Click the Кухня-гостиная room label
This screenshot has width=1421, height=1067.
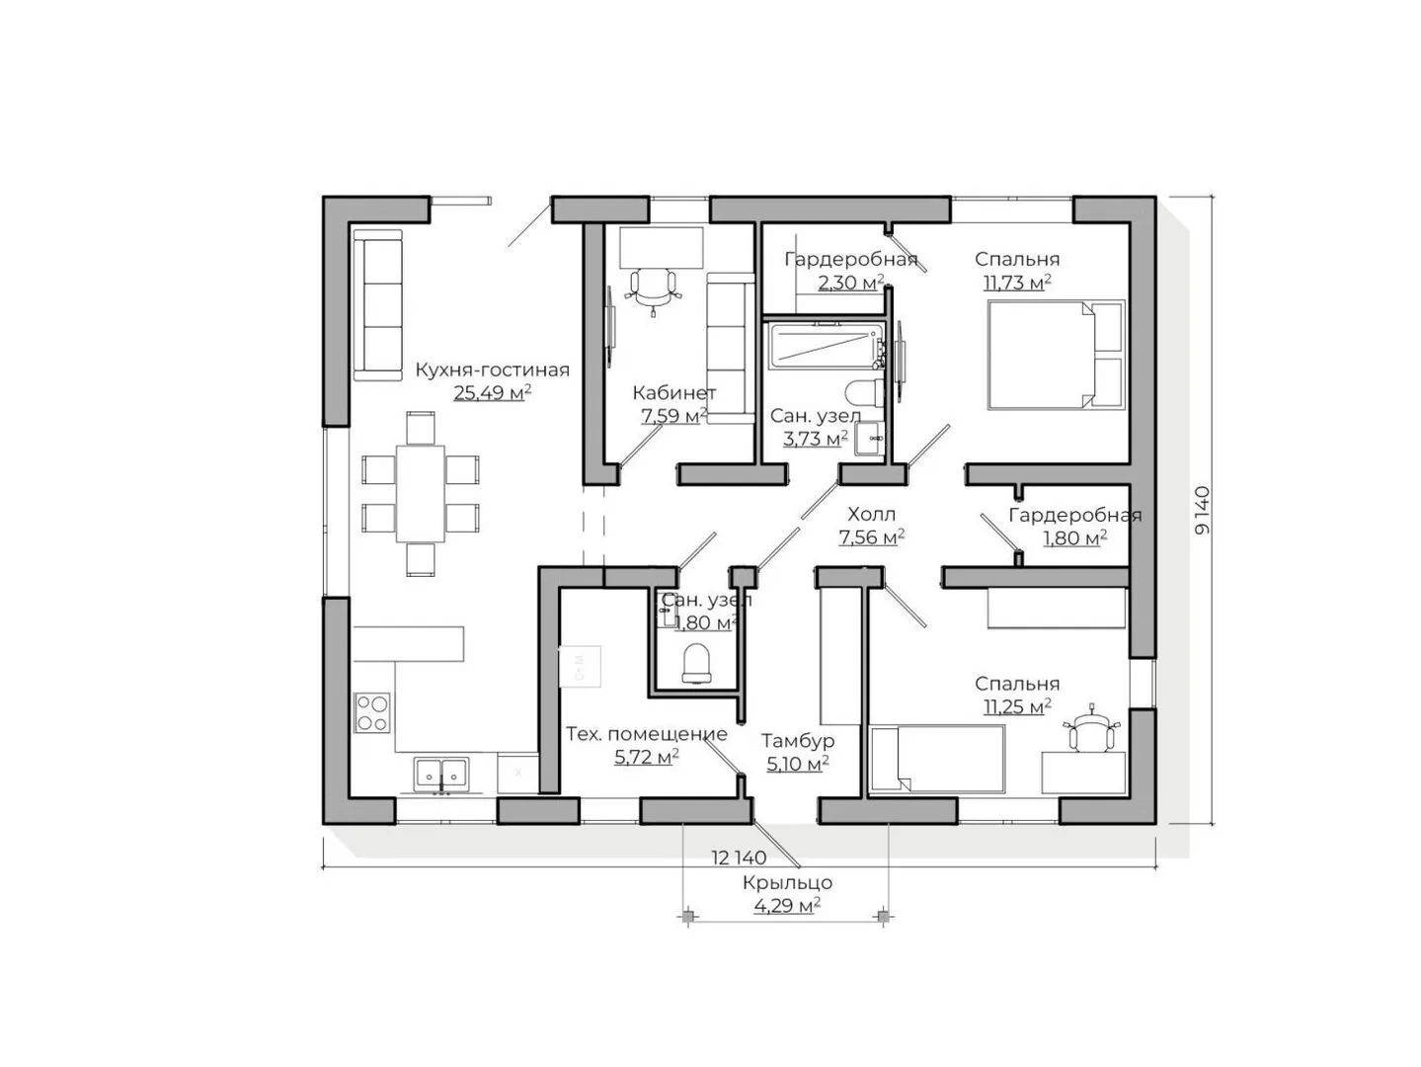[492, 370]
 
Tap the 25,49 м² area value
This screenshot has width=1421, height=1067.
[492, 393]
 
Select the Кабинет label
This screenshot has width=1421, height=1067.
[673, 393]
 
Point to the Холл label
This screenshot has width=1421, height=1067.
[871, 514]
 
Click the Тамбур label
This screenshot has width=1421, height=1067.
[798, 740]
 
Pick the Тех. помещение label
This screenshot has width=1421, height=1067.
[647, 733]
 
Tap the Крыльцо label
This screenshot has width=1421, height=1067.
[787, 882]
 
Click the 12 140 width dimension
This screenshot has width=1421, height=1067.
[739, 858]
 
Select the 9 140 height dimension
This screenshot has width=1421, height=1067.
[1202, 510]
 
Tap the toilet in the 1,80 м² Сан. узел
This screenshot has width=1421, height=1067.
[696, 663]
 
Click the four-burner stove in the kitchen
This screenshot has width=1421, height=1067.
[372, 712]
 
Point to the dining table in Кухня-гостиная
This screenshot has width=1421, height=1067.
[420, 493]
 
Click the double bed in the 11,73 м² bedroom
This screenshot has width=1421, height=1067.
[1056, 355]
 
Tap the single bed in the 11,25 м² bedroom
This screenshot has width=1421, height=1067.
[937, 759]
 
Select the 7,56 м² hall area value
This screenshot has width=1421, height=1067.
[871, 536]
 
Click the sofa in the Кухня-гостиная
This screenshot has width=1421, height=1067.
[378, 305]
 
